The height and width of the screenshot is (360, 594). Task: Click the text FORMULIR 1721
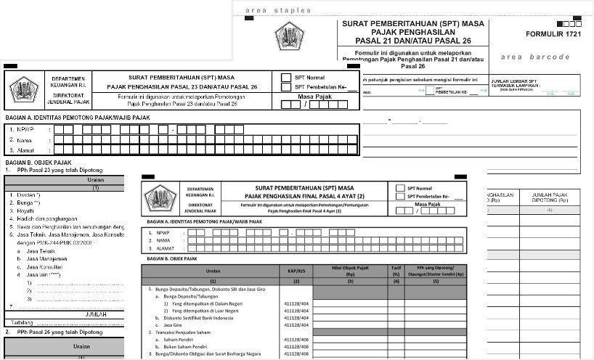[x=556, y=34]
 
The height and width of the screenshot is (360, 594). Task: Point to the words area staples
[x=278, y=10]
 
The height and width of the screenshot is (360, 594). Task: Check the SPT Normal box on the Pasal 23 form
[x=286, y=75]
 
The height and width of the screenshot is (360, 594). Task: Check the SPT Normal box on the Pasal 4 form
[x=400, y=188]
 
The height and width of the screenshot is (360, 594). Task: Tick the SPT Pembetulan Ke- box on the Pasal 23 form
[x=286, y=87]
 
